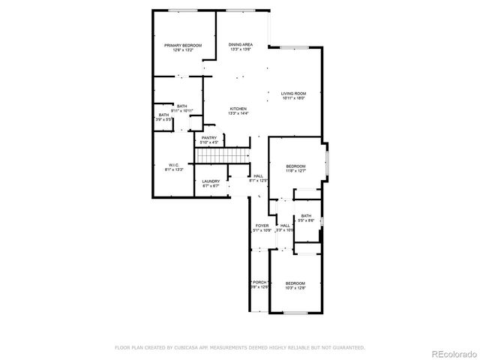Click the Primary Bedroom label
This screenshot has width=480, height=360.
click(183, 45)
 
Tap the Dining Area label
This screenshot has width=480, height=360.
click(240, 45)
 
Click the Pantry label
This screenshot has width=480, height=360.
click(208, 137)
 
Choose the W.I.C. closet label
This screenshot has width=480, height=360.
click(174, 165)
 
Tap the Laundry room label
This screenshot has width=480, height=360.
click(210, 181)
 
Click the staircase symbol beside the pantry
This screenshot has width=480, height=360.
click(222, 155)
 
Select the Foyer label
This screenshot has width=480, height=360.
click(262, 225)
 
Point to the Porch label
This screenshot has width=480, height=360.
click(258, 282)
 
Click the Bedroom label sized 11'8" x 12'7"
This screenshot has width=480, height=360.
click(295, 166)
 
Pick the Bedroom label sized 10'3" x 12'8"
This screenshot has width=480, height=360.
click(295, 283)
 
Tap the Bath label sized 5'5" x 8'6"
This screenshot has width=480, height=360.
click(306, 216)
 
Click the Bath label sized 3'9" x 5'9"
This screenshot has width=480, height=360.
click(163, 115)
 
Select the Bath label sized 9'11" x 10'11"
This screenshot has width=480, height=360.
click(181, 106)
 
